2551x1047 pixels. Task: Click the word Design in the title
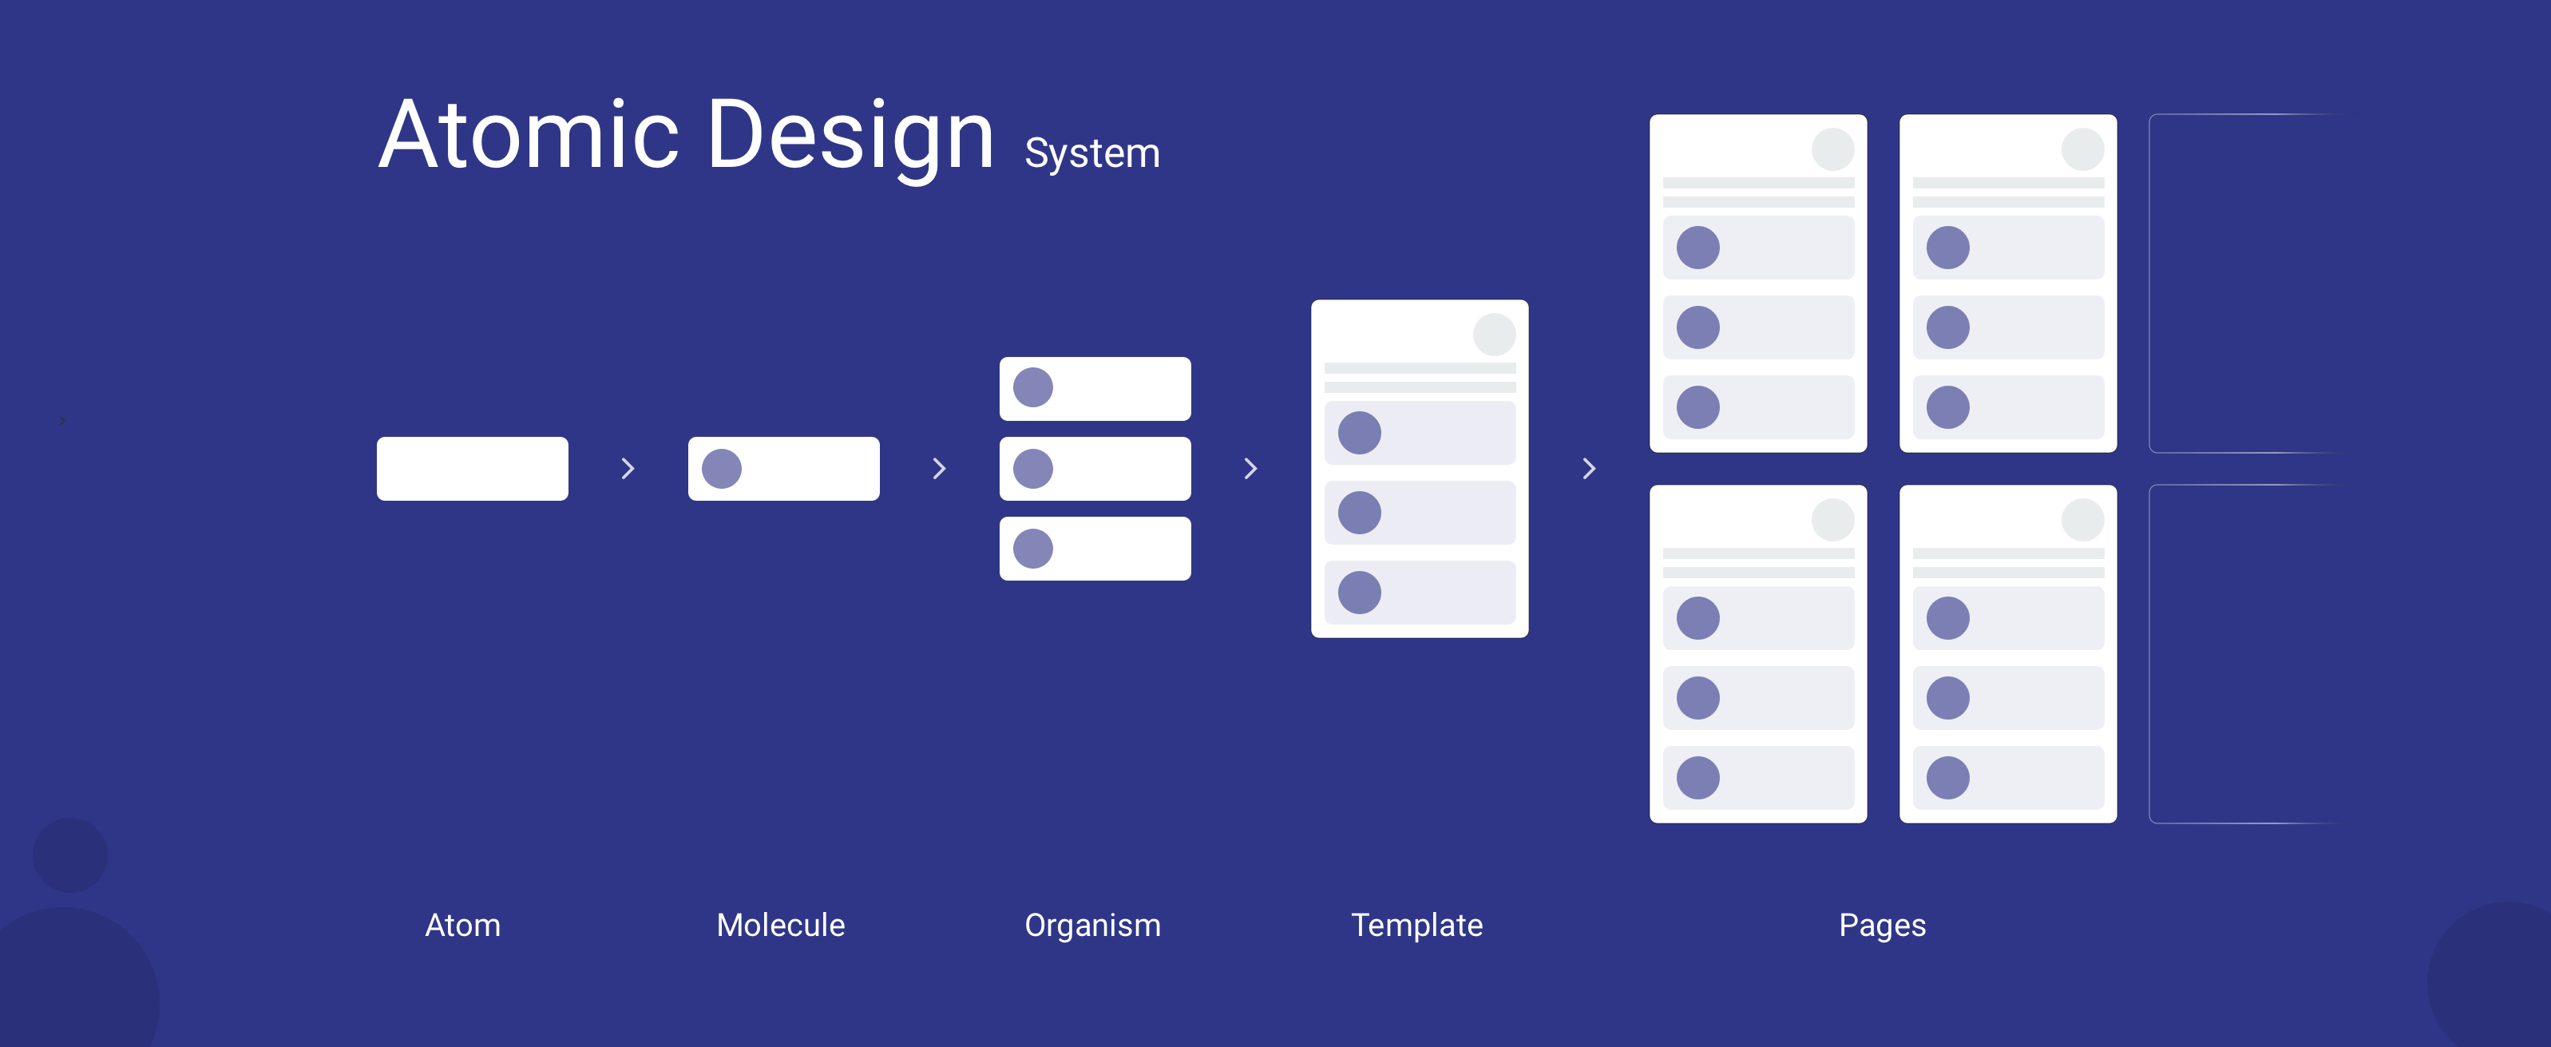point(850,137)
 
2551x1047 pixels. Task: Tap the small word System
point(1091,153)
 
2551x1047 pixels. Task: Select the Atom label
point(462,925)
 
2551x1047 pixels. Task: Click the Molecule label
point(780,925)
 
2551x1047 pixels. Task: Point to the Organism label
point(1092,925)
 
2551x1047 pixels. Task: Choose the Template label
point(1416,925)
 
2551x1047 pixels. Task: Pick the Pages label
point(1882,925)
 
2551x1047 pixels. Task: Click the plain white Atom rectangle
point(473,469)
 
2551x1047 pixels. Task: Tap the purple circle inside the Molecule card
point(722,469)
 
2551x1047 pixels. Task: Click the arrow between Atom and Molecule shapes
point(628,469)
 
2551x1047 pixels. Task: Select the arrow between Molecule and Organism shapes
point(940,469)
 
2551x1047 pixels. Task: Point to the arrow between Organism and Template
point(1250,469)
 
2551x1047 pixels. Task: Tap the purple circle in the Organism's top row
point(1033,387)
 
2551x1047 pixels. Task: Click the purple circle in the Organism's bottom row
point(1033,549)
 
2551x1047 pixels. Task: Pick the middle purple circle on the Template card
point(1360,513)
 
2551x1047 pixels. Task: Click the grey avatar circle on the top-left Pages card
point(1833,149)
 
